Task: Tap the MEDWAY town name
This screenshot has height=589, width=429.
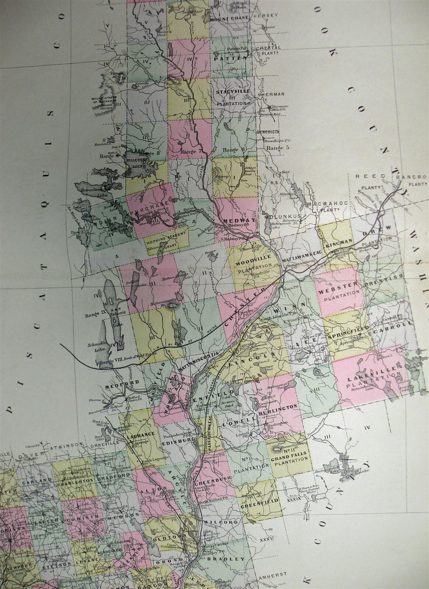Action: tap(235, 221)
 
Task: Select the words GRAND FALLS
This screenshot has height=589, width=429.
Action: tap(286, 459)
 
